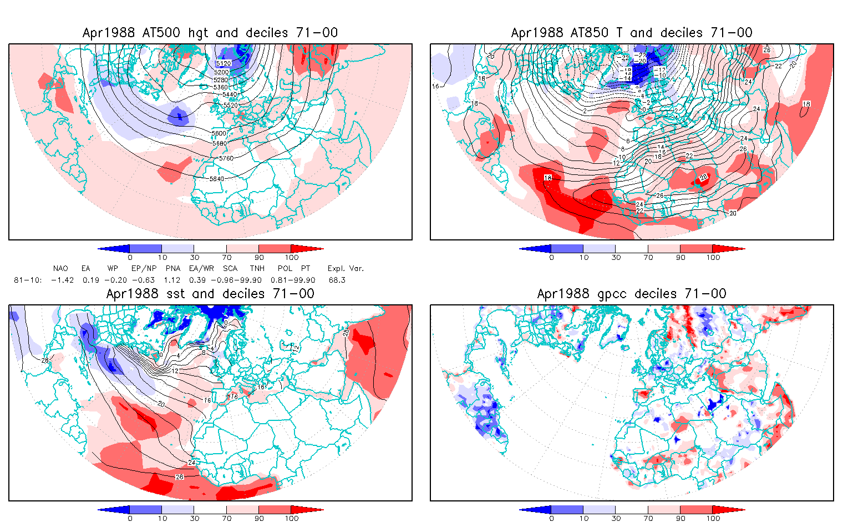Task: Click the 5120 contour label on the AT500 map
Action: coord(224,64)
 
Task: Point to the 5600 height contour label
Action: coord(219,133)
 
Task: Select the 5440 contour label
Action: coord(230,95)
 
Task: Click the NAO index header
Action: coord(60,269)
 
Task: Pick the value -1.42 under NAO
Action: coord(62,280)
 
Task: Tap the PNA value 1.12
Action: coord(172,280)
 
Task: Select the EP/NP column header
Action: coord(147,269)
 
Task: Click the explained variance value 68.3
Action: coord(337,280)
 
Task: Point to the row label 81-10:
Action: coord(28,280)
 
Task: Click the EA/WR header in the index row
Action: coord(201,269)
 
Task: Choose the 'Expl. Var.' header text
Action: coord(346,269)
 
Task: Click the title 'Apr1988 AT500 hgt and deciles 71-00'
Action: coord(210,33)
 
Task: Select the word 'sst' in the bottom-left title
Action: coord(173,294)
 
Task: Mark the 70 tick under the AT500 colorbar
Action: coord(227,258)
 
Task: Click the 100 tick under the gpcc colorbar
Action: coord(713,519)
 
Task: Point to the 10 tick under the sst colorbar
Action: coord(162,519)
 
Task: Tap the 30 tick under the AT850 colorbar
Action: coord(616,258)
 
